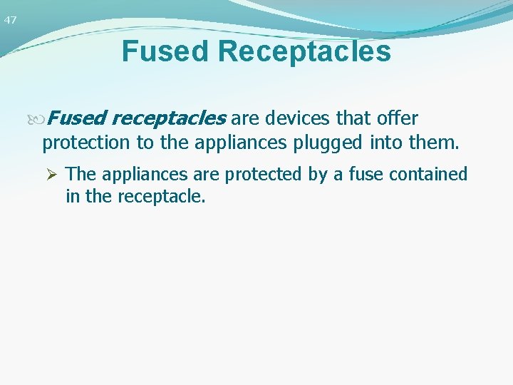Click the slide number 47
point(10,20)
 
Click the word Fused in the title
point(166,51)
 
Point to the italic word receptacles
point(170,117)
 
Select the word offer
point(397,117)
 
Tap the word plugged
point(329,143)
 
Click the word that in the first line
point(348,117)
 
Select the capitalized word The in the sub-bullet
point(80,174)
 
